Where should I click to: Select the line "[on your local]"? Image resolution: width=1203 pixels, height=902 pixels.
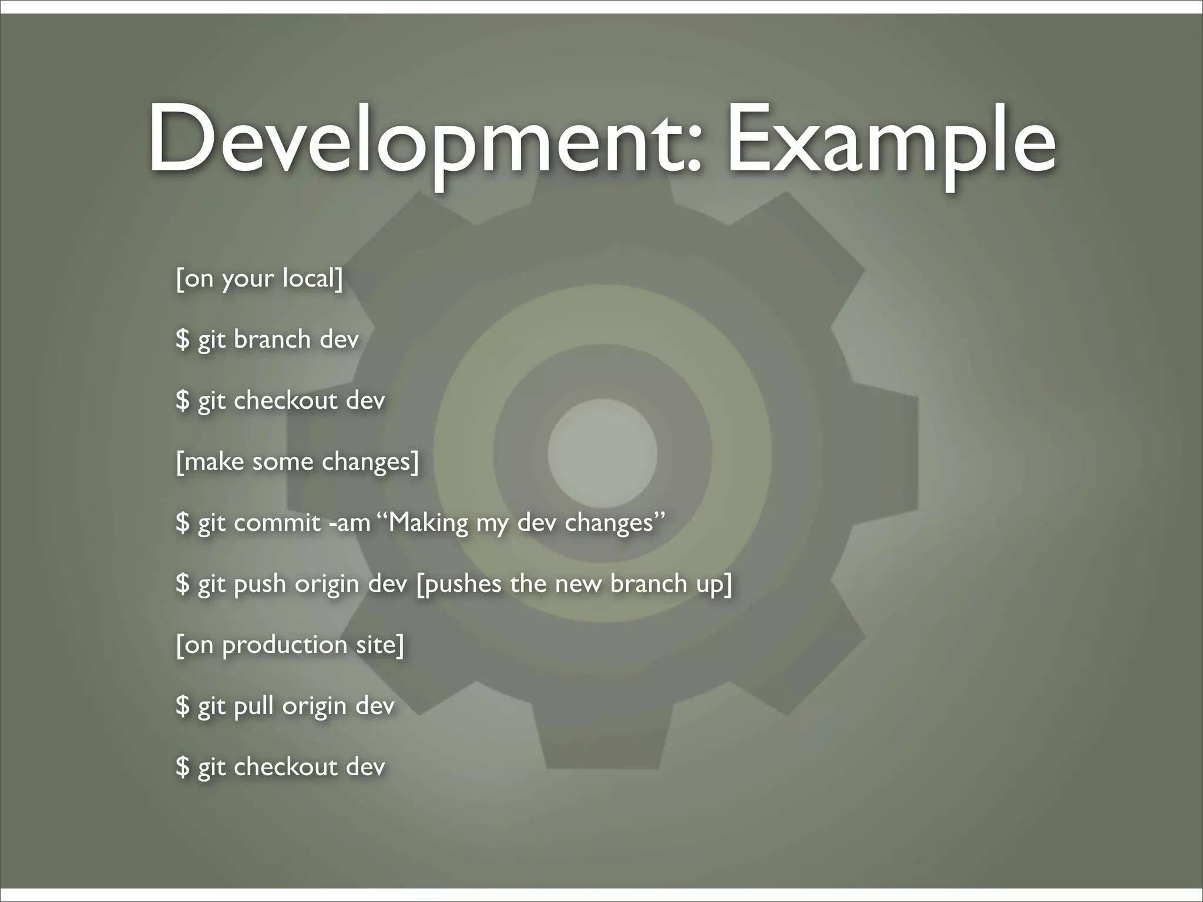259,278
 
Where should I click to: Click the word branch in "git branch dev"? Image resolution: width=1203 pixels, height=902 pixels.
272,339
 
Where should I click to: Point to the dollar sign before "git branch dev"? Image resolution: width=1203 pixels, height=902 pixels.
183,339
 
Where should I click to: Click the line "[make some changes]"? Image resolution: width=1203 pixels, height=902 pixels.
297,462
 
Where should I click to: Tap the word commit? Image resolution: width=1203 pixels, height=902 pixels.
277,523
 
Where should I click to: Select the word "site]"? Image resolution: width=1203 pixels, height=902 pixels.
380,645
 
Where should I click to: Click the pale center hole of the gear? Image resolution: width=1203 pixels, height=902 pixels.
602,451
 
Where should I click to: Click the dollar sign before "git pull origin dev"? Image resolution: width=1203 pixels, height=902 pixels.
183,706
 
